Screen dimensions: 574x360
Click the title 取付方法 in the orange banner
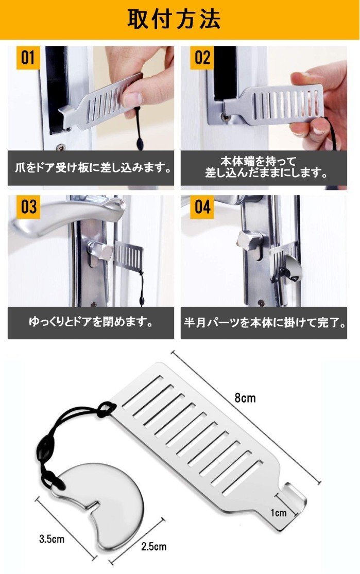[175, 19]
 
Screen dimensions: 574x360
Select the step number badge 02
[202, 58]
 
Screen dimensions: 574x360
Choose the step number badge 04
[202, 206]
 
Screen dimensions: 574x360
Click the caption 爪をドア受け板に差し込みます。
[90, 167]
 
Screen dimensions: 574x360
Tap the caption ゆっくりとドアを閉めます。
[90, 323]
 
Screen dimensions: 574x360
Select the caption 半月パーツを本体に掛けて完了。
[264, 323]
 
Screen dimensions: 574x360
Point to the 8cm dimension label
[245, 398]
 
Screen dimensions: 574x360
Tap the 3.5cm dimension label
[52, 539]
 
